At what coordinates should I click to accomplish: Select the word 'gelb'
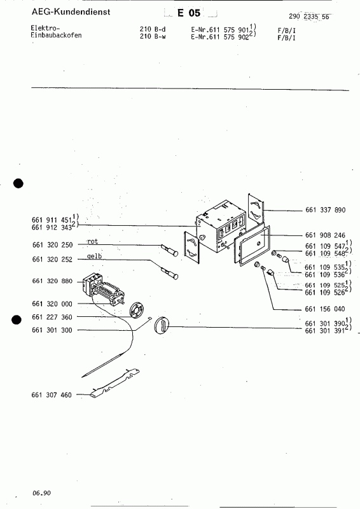click(95, 256)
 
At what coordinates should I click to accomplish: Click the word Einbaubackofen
click(56, 36)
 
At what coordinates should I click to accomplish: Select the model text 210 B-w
click(152, 36)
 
